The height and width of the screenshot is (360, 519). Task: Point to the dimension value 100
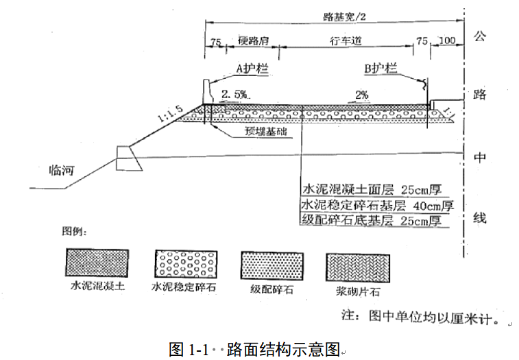[x=446, y=41]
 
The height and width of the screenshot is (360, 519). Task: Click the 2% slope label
[x=362, y=93]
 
